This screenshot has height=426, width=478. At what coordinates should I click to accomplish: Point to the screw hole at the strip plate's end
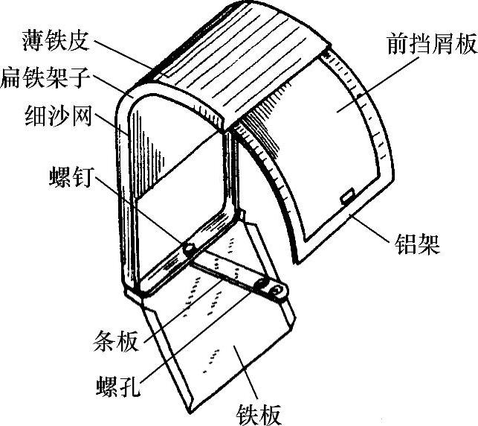(x=277, y=288)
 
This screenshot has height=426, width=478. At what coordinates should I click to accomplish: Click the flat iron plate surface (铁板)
(x=223, y=350)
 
